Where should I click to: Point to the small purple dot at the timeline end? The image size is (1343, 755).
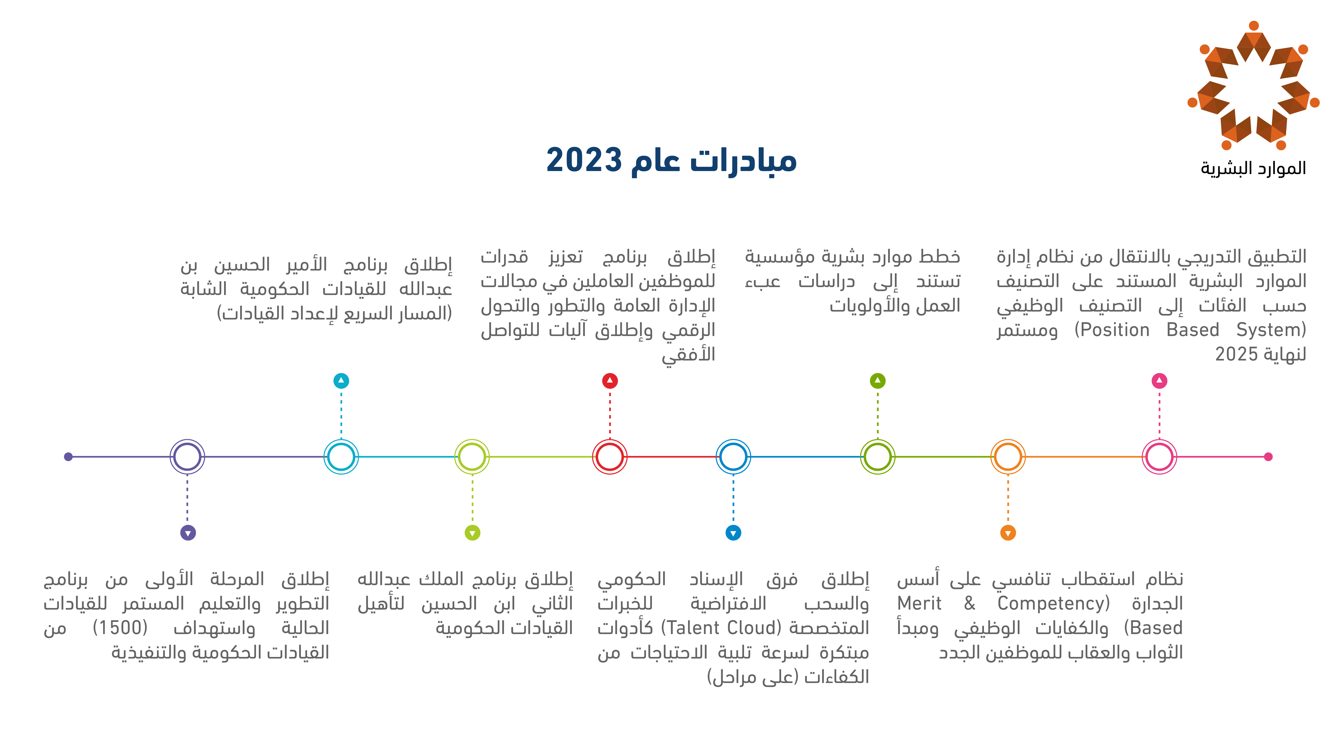[x=68, y=457]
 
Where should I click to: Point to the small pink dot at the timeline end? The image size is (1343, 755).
[x=1268, y=457]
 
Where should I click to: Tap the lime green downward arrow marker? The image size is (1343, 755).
[x=472, y=533]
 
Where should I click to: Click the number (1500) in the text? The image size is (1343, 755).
[x=121, y=628]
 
